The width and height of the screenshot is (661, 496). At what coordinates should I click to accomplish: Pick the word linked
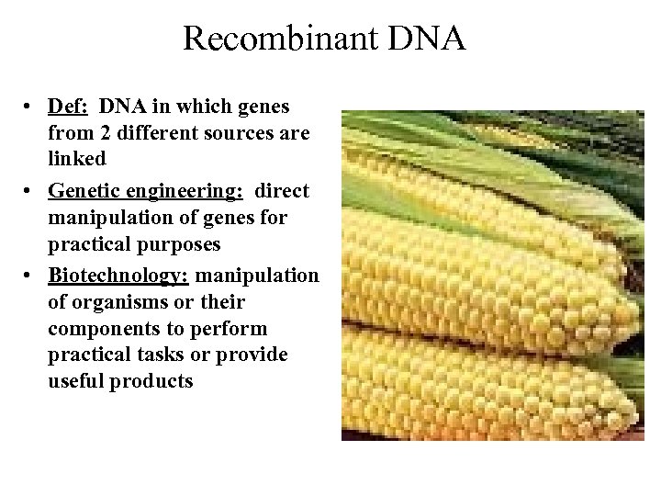[x=77, y=159]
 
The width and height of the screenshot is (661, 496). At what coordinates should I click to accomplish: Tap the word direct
[x=282, y=192]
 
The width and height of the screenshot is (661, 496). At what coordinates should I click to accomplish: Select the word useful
[x=75, y=382]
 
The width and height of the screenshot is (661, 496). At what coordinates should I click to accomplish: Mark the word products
[x=151, y=382]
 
